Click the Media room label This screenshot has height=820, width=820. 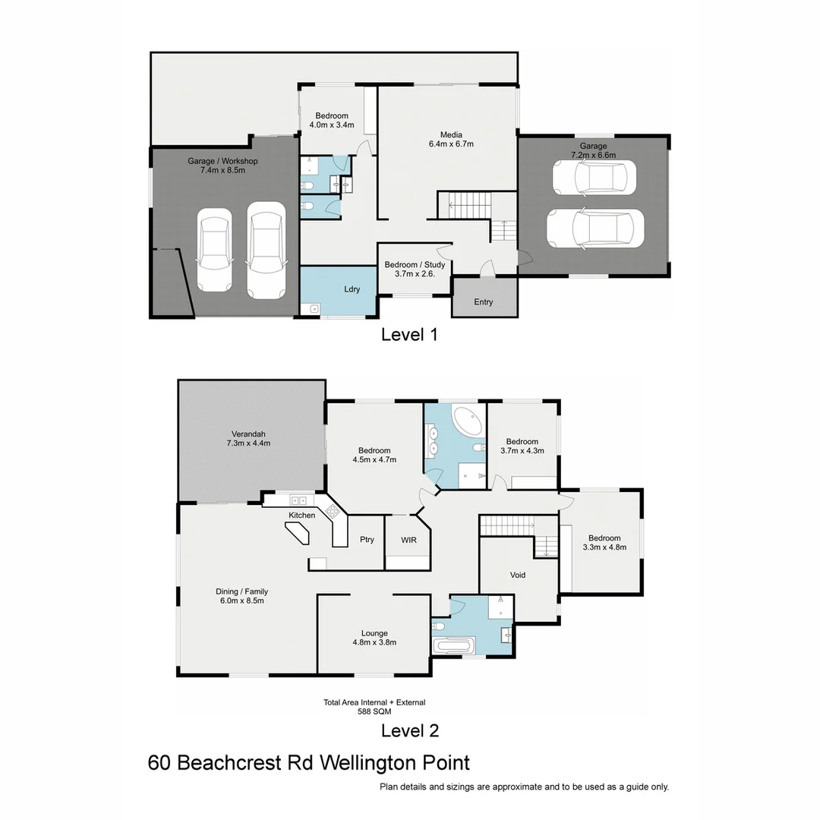click(451, 135)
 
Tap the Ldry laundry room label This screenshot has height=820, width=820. click(352, 289)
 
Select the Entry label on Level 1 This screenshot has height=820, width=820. click(484, 301)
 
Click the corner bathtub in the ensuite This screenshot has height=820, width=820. click(467, 421)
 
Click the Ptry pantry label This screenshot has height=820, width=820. click(367, 540)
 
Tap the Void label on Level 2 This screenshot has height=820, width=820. click(518, 575)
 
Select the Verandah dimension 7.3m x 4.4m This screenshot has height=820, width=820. click(251, 443)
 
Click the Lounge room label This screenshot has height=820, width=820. click(374, 633)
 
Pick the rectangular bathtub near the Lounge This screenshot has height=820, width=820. click(453, 647)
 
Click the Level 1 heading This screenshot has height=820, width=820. click(409, 334)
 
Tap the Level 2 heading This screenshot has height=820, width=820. click(409, 730)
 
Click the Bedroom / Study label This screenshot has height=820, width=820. click(415, 265)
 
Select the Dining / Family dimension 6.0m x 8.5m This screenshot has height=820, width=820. click(242, 601)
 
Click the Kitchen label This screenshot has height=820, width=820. click(301, 516)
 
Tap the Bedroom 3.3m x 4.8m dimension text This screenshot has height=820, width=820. click(604, 547)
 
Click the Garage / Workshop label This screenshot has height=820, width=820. click(222, 161)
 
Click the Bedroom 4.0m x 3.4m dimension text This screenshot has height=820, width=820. click(332, 125)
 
